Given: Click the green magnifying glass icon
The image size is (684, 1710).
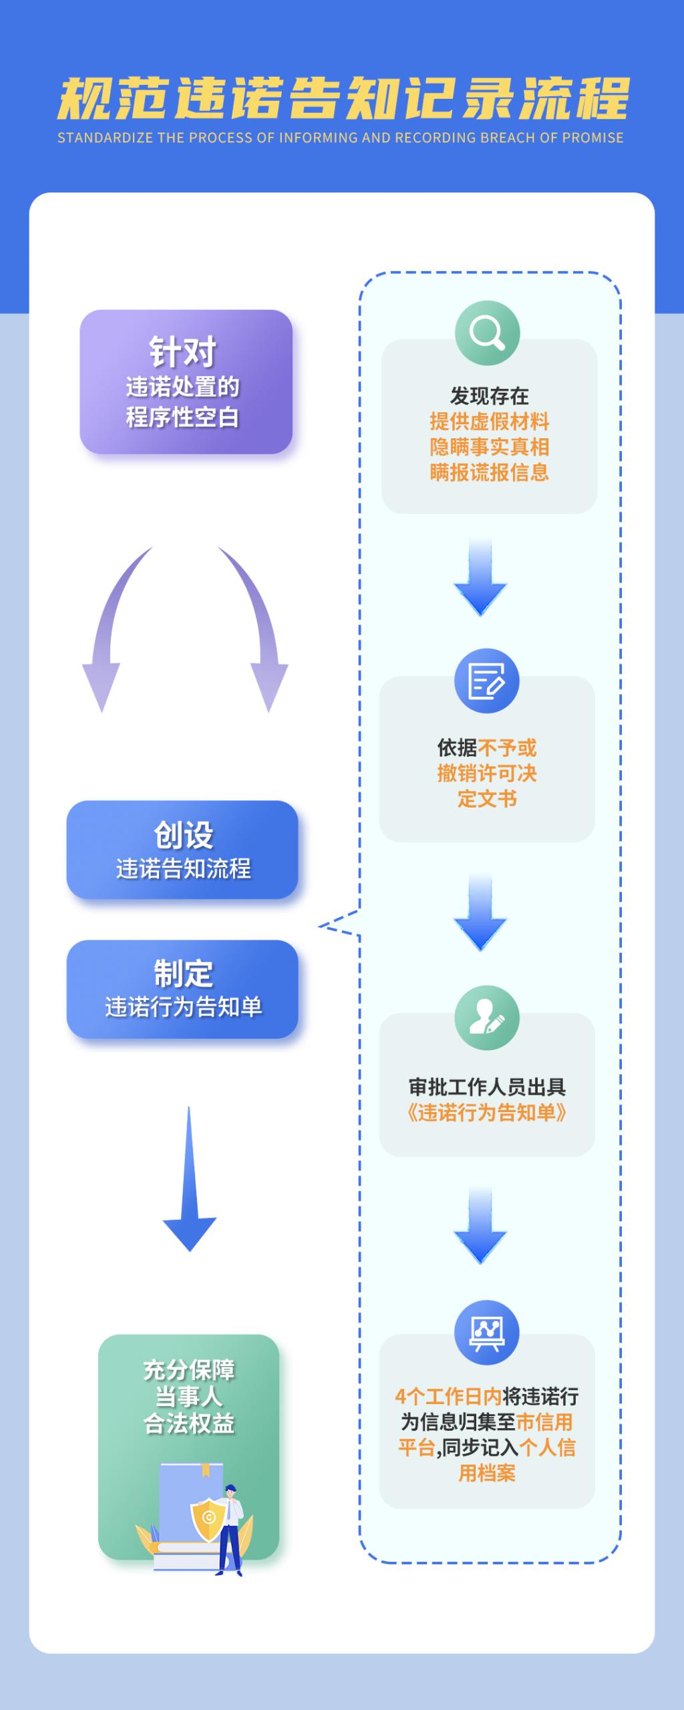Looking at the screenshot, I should (x=487, y=333).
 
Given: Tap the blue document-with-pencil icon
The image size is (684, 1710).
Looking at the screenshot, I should (x=487, y=681).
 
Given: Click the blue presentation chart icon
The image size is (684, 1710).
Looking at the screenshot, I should (x=487, y=1332).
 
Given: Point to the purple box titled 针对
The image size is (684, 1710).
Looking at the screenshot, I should (x=186, y=381).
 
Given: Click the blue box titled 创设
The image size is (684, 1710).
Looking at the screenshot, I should (x=182, y=850).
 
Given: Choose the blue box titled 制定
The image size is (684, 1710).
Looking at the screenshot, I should (x=182, y=989).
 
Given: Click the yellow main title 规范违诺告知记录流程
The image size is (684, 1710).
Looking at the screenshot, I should (x=342, y=99).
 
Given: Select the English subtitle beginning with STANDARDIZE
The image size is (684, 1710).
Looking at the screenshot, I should (x=340, y=138).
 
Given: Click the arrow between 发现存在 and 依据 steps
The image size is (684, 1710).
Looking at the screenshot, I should (x=480, y=576).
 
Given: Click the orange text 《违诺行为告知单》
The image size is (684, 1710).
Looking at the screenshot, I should (x=487, y=1112).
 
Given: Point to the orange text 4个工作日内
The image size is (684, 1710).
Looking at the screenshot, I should (x=448, y=1396).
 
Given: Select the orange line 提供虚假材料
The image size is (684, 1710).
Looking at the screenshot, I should (x=489, y=421).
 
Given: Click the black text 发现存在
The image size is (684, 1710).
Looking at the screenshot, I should (x=489, y=396).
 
